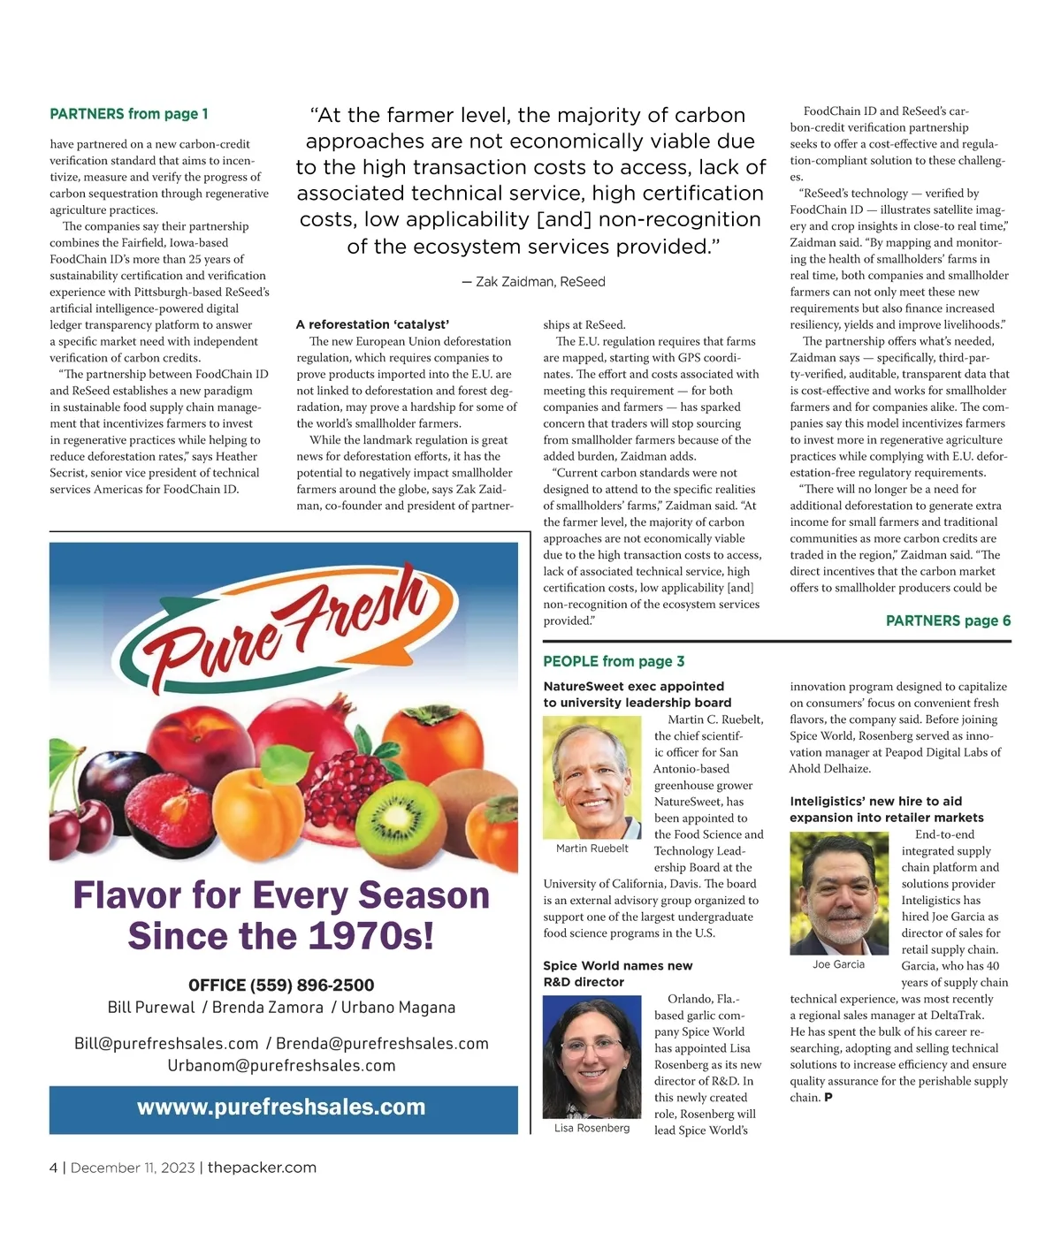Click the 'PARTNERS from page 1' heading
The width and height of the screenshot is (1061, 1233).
pyautogui.click(x=129, y=114)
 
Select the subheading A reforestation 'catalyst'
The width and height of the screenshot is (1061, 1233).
pyautogui.click(x=372, y=324)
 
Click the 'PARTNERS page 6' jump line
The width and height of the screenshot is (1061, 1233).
pyautogui.click(x=948, y=620)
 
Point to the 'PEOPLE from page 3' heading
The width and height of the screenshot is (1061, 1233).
pyautogui.click(x=614, y=661)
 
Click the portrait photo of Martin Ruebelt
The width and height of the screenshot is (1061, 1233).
pyautogui.click(x=592, y=777)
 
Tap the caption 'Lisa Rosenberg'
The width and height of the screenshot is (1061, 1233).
pyautogui.click(x=592, y=1128)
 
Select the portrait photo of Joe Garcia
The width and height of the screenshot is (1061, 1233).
pyautogui.click(x=838, y=894)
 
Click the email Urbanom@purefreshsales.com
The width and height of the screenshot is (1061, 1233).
pyautogui.click(x=281, y=1065)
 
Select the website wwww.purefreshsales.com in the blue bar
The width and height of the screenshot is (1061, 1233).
pyautogui.click(x=281, y=1107)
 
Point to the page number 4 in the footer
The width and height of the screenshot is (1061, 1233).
pyautogui.click(x=54, y=1168)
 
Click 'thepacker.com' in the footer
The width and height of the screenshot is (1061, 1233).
pyautogui.click(x=262, y=1168)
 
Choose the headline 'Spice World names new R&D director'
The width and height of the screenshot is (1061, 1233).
pyautogui.click(x=617, y=973)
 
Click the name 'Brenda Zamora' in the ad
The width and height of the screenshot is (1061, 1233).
pyautogui.click(x=268, y=1008)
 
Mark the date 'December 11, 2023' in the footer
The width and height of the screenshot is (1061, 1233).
pyautogui.click(x=133, y=1168)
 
